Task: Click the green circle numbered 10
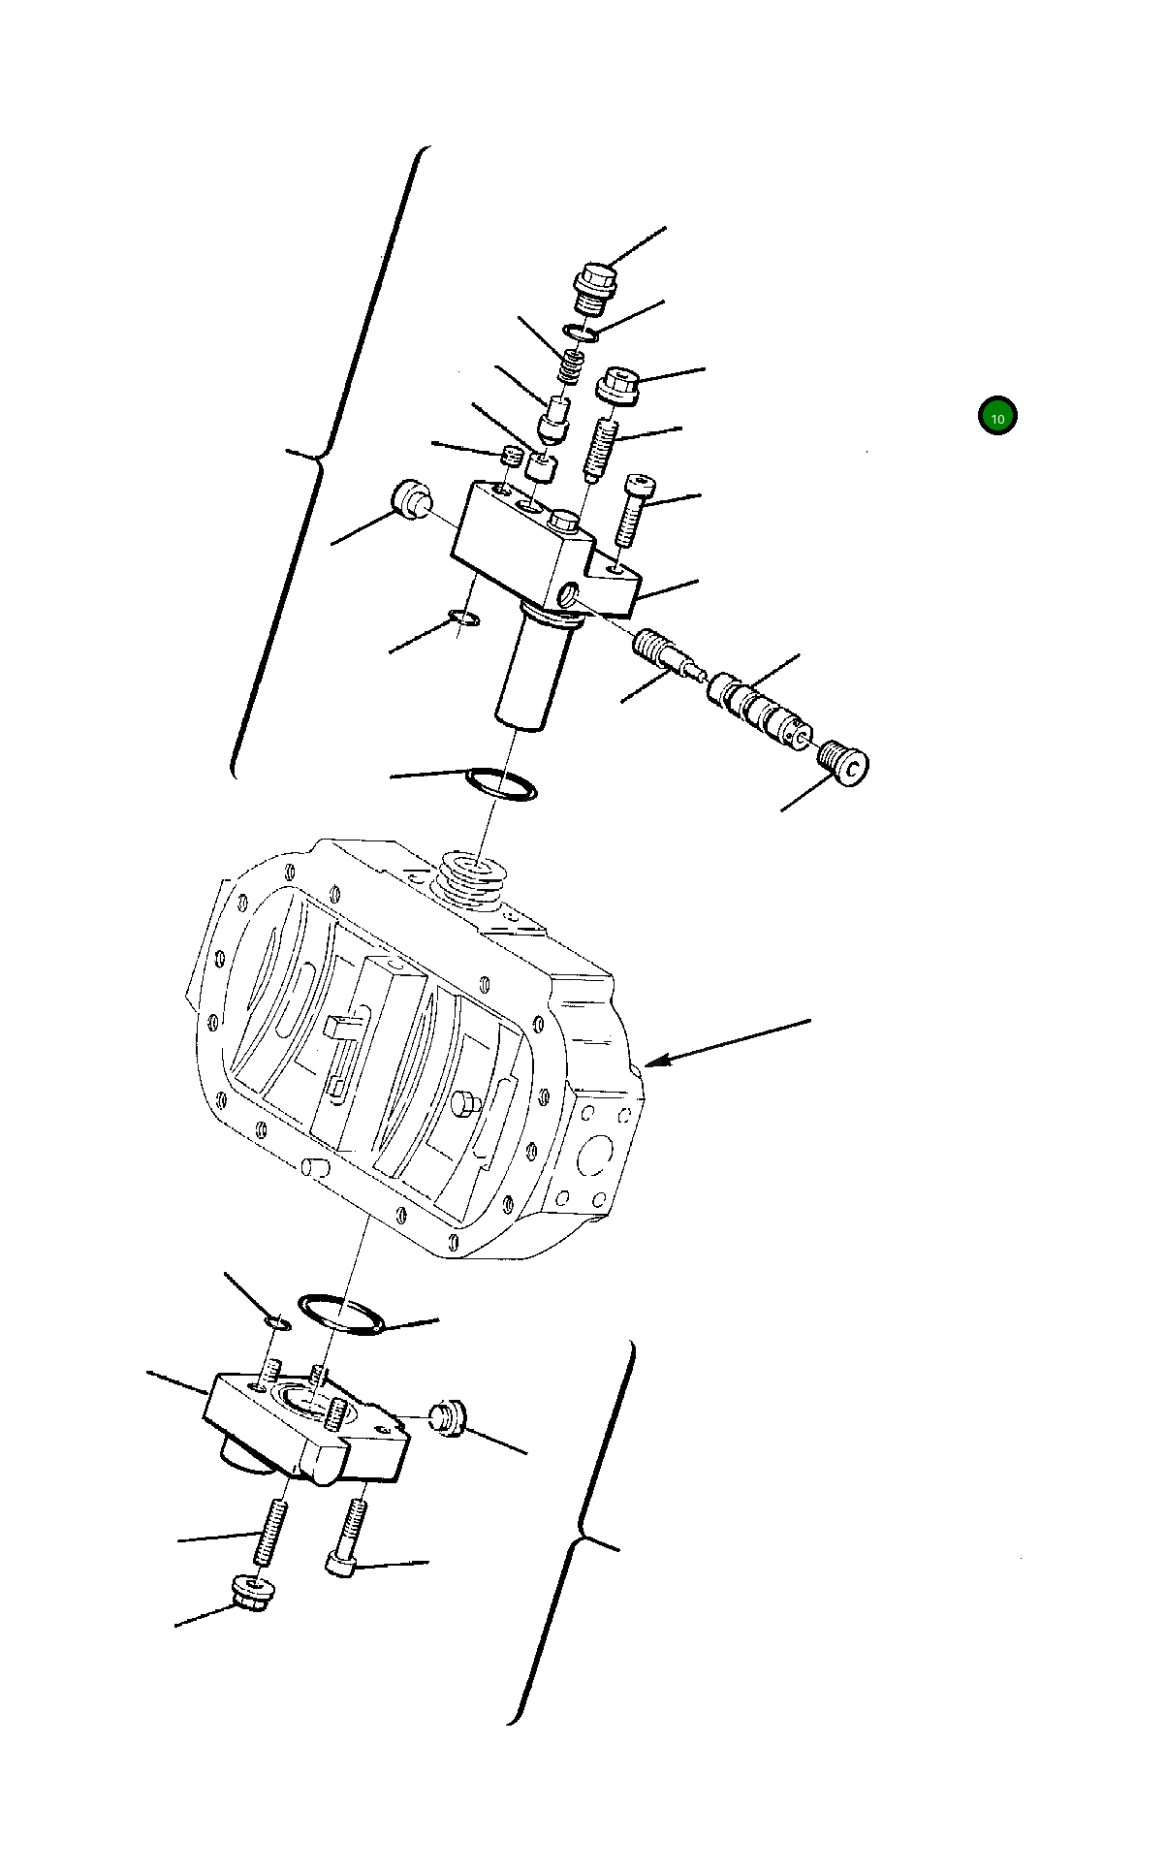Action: point(996,416)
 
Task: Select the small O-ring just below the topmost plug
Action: point(580,334)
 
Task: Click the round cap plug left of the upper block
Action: point(411,498)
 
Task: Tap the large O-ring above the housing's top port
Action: point(501,783)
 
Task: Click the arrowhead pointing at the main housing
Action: point(651,1063)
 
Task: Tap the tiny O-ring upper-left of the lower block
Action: point(278,1323)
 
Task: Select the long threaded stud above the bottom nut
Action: point(270,1531)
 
